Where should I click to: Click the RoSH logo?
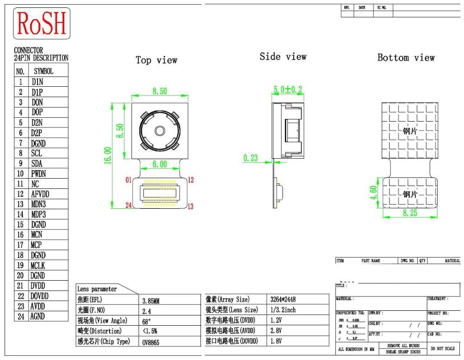42,23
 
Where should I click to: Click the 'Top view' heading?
156,60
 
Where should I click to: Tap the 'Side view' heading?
283,57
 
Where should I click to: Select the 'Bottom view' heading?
406,58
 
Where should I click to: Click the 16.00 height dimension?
108,155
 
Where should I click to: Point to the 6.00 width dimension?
160,164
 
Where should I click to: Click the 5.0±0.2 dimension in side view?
287,89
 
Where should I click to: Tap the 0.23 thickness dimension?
251,158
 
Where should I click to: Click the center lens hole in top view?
160,131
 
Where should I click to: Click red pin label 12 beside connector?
190,180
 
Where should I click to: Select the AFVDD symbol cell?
40,194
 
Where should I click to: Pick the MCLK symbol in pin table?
38,265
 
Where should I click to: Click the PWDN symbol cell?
39,174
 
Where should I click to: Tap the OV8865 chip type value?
151,341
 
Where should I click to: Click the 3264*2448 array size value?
283,300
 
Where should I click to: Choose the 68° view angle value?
146,321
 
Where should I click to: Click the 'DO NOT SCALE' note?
443,348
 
